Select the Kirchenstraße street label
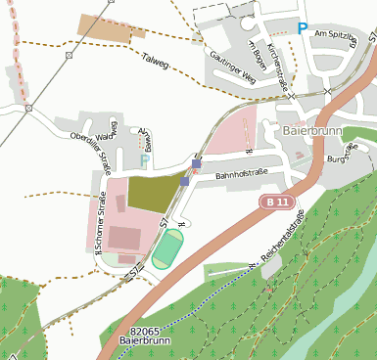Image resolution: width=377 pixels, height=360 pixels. click(x=280, y=71)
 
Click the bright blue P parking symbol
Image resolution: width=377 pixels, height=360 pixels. click(x=303, y=29)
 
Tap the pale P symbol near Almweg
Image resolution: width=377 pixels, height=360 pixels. click(x=146, y=159)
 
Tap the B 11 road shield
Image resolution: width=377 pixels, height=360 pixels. click(x=277, y=201)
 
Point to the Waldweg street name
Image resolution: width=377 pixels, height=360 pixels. click(x=112, y=132)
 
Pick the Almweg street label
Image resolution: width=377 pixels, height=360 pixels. click(x=146, y=138)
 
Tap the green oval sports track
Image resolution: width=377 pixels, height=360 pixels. click(x=167, y=248)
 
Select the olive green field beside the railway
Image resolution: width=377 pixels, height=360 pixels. click(x=152, y=193)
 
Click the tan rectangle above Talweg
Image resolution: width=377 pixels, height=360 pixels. click(x=103, y=28)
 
